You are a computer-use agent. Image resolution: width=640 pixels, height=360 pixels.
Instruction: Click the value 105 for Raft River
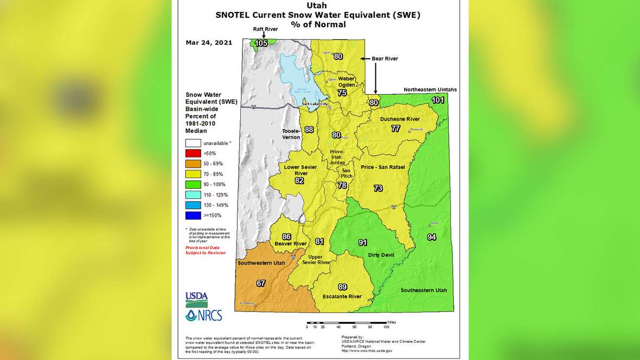(261, 43)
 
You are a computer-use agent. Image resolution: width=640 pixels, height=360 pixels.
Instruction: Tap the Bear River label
(385, 59)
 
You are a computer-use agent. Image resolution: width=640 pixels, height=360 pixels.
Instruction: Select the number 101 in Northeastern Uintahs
(438, 100)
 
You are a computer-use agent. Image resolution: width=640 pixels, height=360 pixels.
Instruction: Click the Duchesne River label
(400, 119)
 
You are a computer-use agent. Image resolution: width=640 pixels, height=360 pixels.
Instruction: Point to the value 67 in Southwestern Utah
(261, 283)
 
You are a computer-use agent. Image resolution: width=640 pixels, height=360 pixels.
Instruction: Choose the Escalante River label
(342, 296)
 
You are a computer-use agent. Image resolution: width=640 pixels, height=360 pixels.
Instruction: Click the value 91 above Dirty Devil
(362, 242)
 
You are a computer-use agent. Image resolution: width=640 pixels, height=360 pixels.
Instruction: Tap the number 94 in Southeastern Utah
(432, 237)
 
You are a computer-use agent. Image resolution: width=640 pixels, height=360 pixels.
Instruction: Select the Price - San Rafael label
(383, 167)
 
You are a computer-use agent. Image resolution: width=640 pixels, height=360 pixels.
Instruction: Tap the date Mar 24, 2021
(209, 43)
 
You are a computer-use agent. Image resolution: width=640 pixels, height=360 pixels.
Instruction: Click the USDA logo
(196, 300)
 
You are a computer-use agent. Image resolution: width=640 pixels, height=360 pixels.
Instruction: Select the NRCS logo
(204, 315)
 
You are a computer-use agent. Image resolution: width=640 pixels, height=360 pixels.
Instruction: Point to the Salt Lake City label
(316, 105)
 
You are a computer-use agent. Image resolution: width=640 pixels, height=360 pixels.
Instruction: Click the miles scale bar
(347, 323)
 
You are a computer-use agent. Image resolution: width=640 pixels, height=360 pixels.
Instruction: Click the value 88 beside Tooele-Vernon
(309, 130)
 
